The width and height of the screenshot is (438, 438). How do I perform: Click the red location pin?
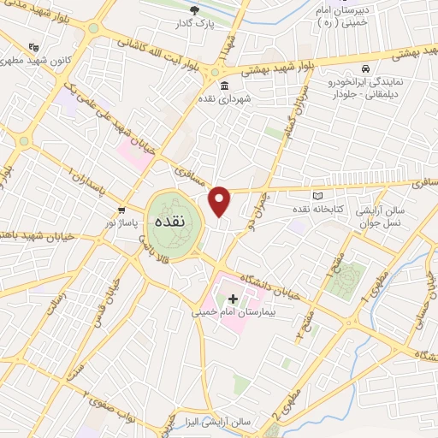[x=220, y=201]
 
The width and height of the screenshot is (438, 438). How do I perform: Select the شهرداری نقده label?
[x=224, y=100]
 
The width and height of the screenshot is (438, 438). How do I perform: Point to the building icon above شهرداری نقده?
[x=224, y=86]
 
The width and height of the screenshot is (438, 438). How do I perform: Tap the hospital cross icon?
[x=232, y=299]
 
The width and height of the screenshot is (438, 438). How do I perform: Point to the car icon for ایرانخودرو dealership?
[x=365, y=68]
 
